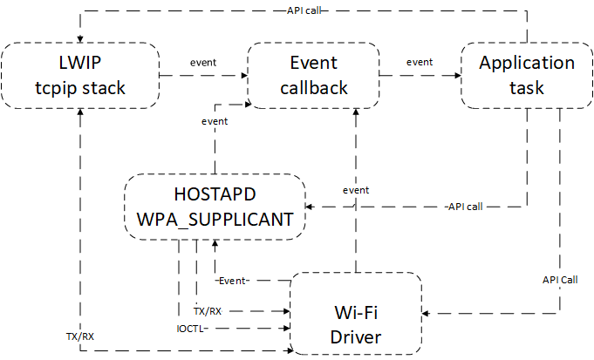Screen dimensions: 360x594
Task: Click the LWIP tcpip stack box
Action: click(79, 75)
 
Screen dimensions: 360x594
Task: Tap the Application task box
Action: click(527, 75)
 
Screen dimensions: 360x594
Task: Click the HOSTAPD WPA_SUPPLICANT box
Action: click(214, 207)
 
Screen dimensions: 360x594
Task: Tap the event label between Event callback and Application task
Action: click(420, 62)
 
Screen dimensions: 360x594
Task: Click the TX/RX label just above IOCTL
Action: click(208, 309)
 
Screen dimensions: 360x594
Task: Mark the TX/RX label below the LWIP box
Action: click(80, 335)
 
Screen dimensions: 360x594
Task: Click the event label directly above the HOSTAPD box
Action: click(215, 121)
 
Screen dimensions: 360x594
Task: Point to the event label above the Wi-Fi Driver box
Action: click(356, 189)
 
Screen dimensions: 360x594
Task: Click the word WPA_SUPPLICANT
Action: click(215, 219)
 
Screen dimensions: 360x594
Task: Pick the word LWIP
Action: click(79, 63)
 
